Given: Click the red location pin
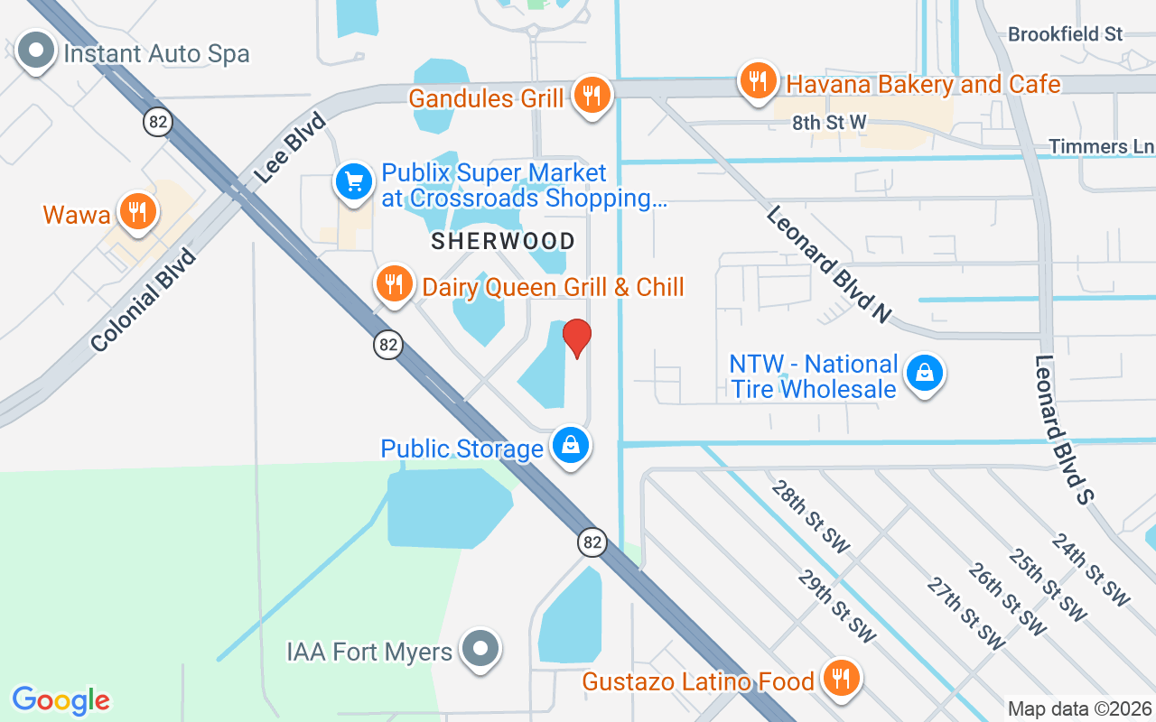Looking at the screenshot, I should click(576, 338).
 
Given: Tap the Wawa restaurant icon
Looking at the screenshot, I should click(136, 213).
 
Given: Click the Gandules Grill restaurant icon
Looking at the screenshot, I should click(592, 94).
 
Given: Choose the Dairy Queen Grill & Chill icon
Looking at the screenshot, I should click(393, 283).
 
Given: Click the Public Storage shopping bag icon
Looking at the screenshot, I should click(571, 445).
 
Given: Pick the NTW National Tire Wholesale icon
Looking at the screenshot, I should click(925, 372).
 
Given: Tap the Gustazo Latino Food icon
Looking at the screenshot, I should click(841, 678).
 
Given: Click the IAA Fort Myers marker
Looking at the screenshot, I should click(480, 648).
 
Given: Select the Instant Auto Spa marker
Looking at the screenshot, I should click(36, 51).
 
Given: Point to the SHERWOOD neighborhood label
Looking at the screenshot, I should click(503, 241).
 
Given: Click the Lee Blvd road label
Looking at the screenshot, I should click(290, 147).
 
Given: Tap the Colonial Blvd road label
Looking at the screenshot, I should click(144, 300).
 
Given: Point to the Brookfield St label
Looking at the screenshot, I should click(1065, 34).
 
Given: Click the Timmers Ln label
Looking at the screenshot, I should click(1101, 146).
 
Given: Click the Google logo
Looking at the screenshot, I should click(61, 699).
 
